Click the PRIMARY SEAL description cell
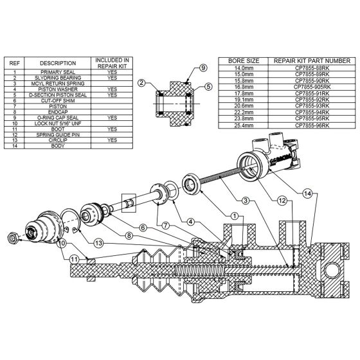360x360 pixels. pos(58,73)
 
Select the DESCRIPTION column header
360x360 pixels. pos(58,63)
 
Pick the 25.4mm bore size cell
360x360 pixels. pos(244,125)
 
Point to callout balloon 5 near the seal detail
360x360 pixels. pos(208,85)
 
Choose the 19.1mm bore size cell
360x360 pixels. pos(244,99)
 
